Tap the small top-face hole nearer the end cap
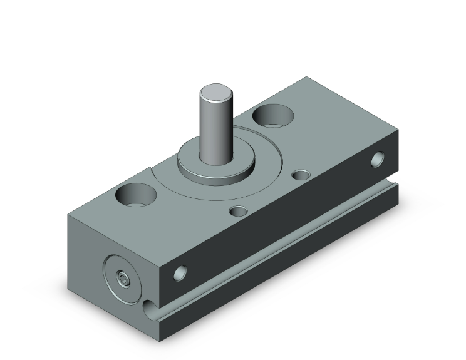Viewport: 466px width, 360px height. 237,212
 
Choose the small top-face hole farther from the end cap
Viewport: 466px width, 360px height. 303,175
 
